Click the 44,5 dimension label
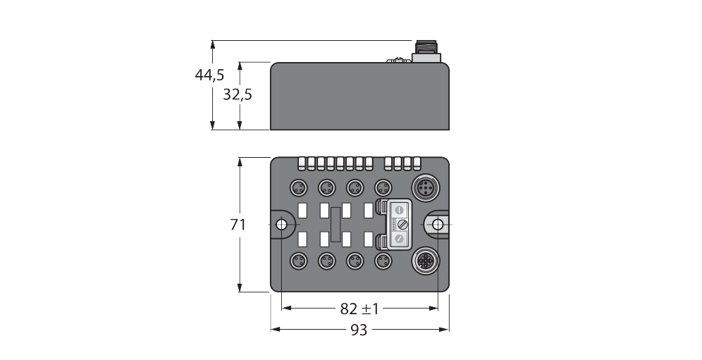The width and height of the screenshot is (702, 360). (x=209, y=75)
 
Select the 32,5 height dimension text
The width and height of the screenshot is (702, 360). (x=238, y=94)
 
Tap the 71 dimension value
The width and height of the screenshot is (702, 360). (x=238, y=225)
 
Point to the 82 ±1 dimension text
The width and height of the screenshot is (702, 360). (x=359, y=309)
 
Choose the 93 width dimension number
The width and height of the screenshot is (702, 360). (x=359, y=330)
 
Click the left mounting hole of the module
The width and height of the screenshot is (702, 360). (x=281, y=225)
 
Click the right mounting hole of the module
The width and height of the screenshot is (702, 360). (x=438, y=225)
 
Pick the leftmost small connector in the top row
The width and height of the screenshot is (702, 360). (x=298, y=187)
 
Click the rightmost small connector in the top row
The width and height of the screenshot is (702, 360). (x=383, y=187)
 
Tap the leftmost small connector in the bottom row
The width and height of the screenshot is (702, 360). (x=298, y=262)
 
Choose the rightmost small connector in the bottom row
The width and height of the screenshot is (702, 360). (x=383, y=262)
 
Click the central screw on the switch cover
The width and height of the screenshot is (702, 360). (x=398, y=225)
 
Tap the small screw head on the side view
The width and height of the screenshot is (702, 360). (x=400, y=60)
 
